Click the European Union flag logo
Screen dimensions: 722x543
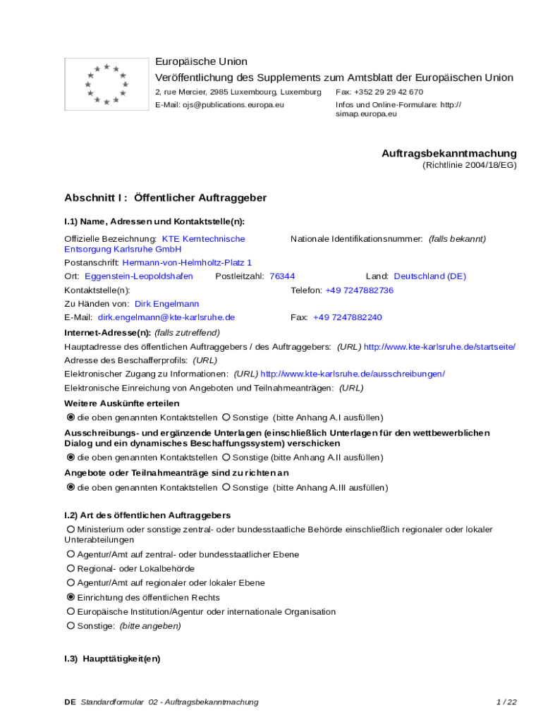[x=106, y=84]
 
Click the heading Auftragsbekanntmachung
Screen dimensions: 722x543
[x=449, y=153]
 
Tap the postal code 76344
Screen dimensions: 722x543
[x=282, y=276]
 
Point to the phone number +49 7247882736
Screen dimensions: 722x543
[x=359, y=290]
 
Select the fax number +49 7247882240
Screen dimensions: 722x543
[x=347, y=317]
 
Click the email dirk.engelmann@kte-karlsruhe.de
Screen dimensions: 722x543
[x=166, y=317]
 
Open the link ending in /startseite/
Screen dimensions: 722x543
[x=439, y=346]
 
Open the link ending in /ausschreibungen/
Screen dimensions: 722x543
[x=353, y=374]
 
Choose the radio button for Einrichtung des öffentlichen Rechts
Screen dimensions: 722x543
[x=71, y=597]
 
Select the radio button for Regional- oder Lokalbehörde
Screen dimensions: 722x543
[x=71, y=568]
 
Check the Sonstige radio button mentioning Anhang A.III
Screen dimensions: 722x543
[x=226, y=487]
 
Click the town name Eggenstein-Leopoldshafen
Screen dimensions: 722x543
[x=139, y=276]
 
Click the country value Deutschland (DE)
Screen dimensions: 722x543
[x=429, y=276]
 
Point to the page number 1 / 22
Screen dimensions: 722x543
[x=506, y=702]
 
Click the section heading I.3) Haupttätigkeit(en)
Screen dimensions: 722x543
[x=112, y=659]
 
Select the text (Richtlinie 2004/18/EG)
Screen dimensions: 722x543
[x=470, y=165]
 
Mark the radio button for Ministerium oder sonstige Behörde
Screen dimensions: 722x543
[x=71, y=529]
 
